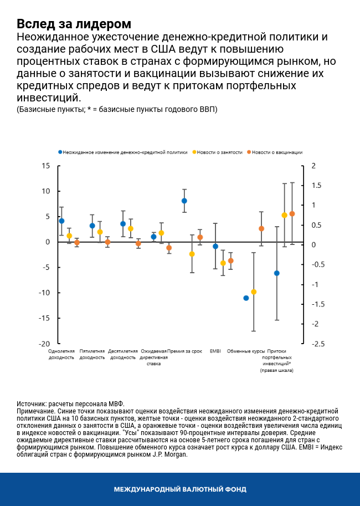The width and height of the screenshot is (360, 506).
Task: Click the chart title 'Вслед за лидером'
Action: (x=74, y=24)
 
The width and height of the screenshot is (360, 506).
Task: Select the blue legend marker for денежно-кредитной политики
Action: (x=60, y=152)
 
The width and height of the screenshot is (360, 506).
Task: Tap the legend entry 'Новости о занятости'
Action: (x=220, y=152)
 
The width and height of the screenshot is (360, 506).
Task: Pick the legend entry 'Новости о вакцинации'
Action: (x=277, y=152)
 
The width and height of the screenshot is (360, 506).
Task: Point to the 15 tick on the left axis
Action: (x=46, y=166)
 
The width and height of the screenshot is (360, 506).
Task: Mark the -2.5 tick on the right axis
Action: (x=317, y=344)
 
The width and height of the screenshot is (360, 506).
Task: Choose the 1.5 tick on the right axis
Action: (x=316, y=186)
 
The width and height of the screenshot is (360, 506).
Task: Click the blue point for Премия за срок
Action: (x=184, y=201)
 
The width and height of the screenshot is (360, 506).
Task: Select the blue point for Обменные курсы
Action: (x=246, y=298)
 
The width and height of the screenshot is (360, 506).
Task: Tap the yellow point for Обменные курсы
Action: (x=254, y=292)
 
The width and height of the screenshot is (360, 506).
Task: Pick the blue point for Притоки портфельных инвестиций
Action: (x=277, y=273)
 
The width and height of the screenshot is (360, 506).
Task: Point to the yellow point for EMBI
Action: (x=223, y=263)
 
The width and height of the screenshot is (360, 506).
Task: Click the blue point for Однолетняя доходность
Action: (x=61, y=221)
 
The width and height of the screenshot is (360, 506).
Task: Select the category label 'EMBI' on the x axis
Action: (x=215, y=351)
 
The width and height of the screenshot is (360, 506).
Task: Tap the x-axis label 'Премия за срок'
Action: (x=184, y=351)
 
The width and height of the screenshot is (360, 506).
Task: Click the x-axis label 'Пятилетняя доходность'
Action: (x=92, y=354)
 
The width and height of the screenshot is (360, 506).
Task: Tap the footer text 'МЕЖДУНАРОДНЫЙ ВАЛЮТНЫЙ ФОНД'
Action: (x=180, y=489)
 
